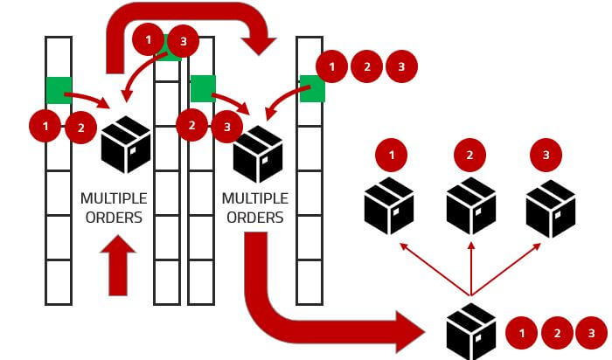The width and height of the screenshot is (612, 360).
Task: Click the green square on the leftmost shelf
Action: (x=59, y=89)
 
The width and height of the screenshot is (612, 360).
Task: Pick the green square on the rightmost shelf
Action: (x=311, y=88)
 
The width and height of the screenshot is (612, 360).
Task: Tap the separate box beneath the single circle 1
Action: (x=389, y=206)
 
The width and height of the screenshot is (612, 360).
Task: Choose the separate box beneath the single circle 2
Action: (x=471, y=206)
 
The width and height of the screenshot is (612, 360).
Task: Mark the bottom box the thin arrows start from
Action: (x=470, y=331)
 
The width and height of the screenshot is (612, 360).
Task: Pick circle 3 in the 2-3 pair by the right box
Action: (x=226, y=126)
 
